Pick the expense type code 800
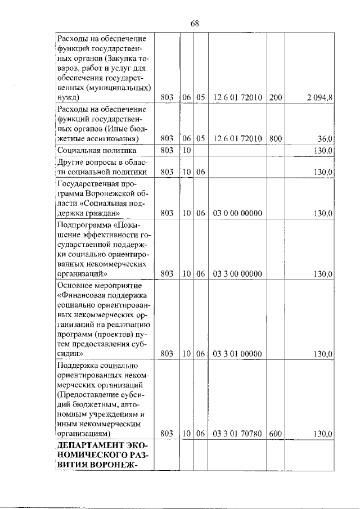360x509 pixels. click(276, 139)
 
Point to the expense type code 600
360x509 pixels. click(276, 434)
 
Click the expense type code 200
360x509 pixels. click(276, 97)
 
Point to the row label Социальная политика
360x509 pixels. click(96, 151)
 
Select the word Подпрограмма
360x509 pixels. click(84, 227)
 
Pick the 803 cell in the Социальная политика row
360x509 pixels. click(166, 151)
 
